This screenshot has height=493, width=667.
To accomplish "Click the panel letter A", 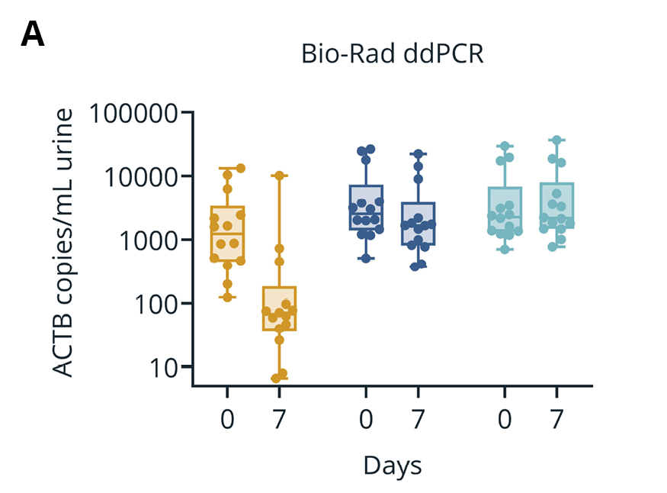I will tap(33, 34).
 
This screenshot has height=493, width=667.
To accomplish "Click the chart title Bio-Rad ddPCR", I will tap(393, 55).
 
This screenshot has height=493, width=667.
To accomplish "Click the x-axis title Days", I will tap(392, 465).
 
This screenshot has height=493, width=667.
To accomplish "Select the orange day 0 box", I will tap(227, 233).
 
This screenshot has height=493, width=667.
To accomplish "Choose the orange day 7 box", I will tap(279, 308).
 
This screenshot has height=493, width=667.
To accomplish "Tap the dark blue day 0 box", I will tap(366, 207).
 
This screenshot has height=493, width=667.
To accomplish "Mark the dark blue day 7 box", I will tap(418, 223).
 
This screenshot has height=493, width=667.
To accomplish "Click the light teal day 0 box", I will tap(505, 211).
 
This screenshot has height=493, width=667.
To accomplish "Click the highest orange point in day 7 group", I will tap(279, 176).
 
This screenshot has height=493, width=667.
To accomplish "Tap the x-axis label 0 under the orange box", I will tap(227, 419).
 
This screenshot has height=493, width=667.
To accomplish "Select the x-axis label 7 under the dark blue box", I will tap(418, 419).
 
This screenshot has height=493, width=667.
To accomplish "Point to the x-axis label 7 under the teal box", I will tap(556, 419).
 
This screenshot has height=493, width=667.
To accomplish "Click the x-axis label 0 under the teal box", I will tap(505, 419).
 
